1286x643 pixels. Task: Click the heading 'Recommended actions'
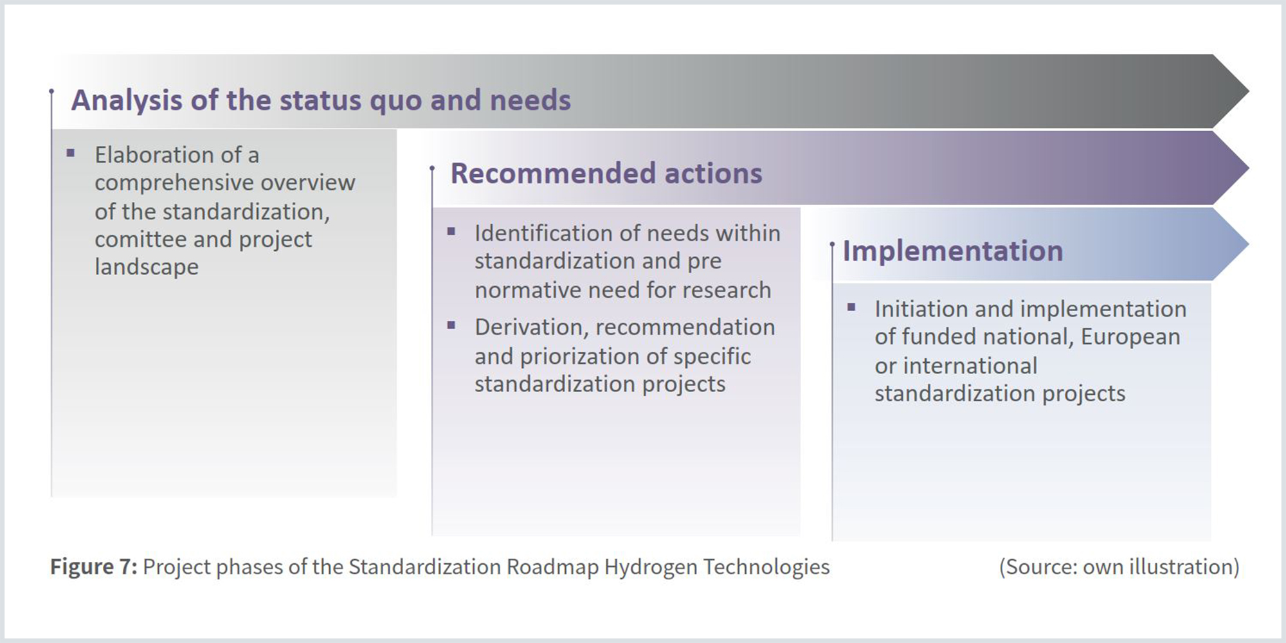click(x=606, y=173)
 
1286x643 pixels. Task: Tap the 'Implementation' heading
click(x=953, y=250)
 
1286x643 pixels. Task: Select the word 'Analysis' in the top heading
click(x=127, y=100)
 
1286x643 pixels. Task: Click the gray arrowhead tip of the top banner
click(x=1248, y=91)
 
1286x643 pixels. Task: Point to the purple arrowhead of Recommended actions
click(x=1229, y=168)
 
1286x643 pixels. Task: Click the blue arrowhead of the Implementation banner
click(x=1229, y=244)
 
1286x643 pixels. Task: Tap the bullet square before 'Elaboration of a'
click(x=71, y=153)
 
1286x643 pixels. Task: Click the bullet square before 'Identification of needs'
click(x=451, y=231)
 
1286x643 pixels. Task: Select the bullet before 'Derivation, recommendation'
click(x=451, y=325)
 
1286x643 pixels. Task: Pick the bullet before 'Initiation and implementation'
click(x=851, y=307)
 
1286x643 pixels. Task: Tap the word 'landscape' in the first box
click(x=147, y=267)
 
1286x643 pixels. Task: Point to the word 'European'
click(x=1130, y=337)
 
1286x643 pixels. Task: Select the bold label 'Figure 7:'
click(x=94, y=566)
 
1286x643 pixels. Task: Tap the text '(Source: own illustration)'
click(x=1119, y=566)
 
